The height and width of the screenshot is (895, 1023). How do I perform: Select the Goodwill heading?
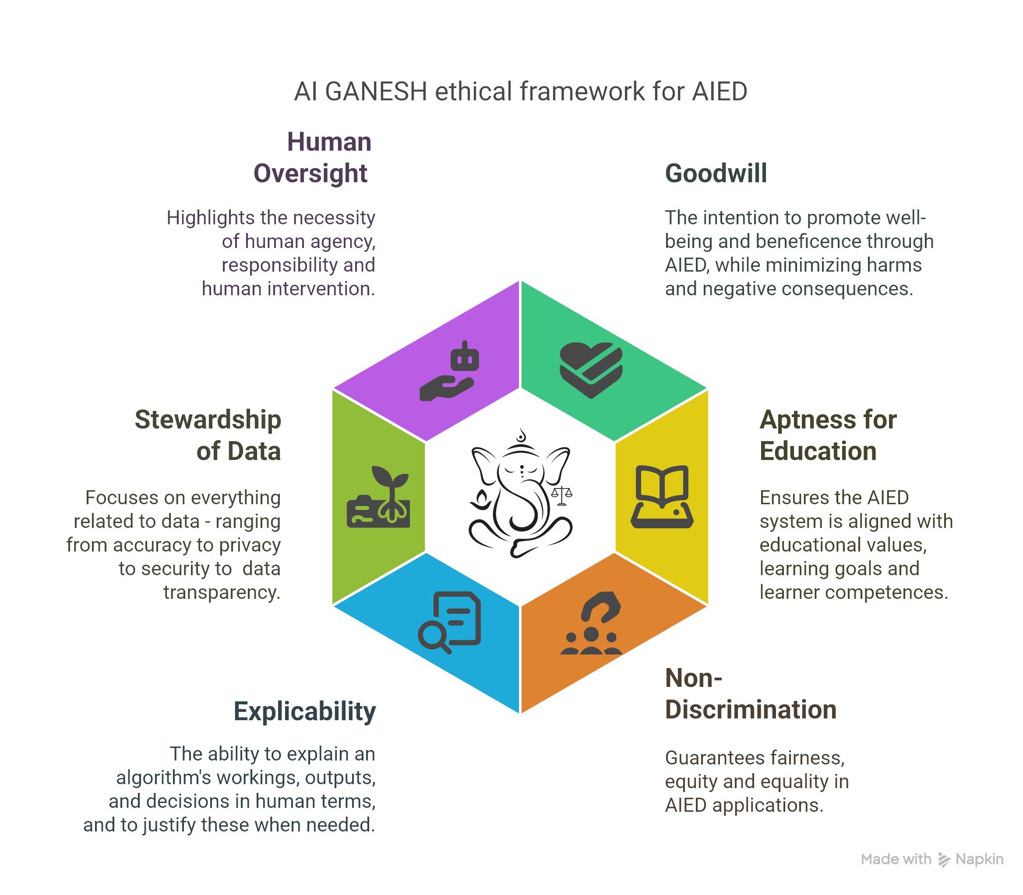pos(716,173)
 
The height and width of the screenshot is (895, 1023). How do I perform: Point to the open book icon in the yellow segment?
pos(662,496)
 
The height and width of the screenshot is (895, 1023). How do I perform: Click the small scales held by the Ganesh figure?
pos(562,495)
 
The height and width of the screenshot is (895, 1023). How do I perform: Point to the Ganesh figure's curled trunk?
pos(524,514)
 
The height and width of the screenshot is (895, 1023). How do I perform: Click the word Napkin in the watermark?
pos(979,859)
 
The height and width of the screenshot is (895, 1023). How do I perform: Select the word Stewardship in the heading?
pos(208,420)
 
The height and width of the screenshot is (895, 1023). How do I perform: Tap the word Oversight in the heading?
pos(310,173)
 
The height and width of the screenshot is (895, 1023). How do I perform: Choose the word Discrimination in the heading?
pos(751,710)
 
